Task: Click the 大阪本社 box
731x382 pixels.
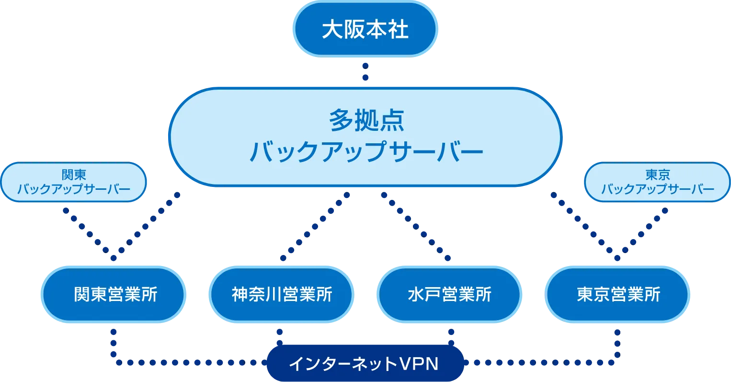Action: pyautogui.click(x=365, y=29)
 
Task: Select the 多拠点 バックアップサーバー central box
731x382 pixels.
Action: pyautogui.click(x=365, y=137)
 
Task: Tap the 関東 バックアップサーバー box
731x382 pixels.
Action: pyautogui.click(x=74, y=182)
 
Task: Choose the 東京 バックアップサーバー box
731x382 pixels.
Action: pyautogui.click(x=657, y=182)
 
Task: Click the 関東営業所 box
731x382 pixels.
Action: pyautogui.click(x=114, y=294)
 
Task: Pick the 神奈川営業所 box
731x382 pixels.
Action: pyautogui.click(x=282, y=294)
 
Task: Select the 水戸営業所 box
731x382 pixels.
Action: pyautogui.click(x=449, y=294)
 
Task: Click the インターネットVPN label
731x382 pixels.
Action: pyautogui.click(x=364, y=364)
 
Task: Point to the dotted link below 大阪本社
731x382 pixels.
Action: pyautogui.click(x=365, y=71)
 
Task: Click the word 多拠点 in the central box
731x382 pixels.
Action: pyautogui.click(x=366, y=121)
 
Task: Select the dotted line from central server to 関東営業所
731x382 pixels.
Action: pyautogui.click(x=146, y=226)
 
